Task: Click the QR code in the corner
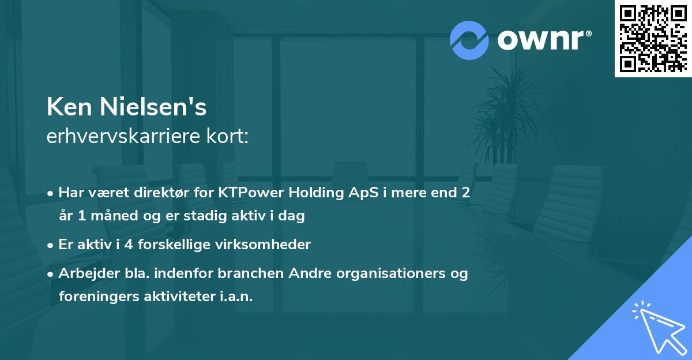tap(653, 38)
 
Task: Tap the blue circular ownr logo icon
tap(469, 39)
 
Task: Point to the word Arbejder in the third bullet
tap(83, 273)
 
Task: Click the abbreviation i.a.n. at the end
tap(236, 297)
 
